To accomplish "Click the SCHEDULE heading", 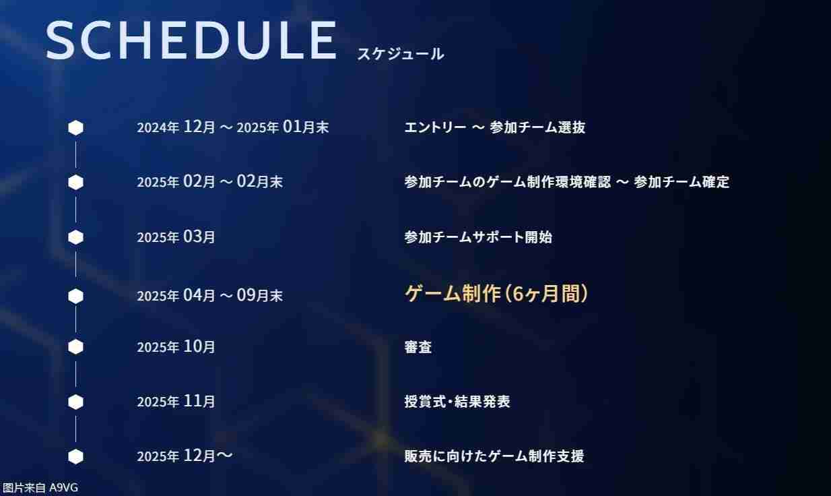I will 191,41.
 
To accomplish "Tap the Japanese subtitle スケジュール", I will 400,54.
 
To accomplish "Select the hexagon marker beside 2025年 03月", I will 75,237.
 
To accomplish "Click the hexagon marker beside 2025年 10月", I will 75,347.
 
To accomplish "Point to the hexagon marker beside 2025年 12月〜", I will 75,456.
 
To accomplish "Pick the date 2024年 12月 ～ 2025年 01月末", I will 232,127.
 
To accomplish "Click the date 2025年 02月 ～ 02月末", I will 209,182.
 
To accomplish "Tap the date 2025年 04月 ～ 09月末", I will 209,295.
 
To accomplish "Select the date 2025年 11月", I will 176,402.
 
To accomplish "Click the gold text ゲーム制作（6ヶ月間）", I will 496,294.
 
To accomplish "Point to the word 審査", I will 418,347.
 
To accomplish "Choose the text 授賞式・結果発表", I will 457,402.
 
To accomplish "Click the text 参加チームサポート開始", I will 477,237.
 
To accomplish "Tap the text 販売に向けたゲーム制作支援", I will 494,456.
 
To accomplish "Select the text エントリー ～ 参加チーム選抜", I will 494,127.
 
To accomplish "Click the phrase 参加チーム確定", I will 682,182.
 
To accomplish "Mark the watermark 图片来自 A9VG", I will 40,488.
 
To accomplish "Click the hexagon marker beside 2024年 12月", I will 75,127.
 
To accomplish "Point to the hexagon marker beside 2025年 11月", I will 75,402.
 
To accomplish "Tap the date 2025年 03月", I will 176,237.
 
